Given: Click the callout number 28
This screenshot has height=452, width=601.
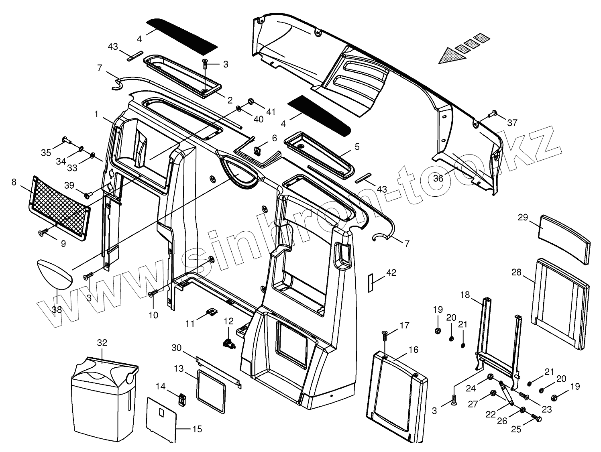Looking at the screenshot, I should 516,273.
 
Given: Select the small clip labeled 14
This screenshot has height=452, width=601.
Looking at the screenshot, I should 182,399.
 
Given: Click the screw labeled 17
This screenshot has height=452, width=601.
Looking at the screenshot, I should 385,333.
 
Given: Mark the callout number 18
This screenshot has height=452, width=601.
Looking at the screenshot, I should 465,295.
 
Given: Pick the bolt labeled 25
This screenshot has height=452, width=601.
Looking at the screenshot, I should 537,419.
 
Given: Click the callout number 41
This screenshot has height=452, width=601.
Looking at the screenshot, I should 271,112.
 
